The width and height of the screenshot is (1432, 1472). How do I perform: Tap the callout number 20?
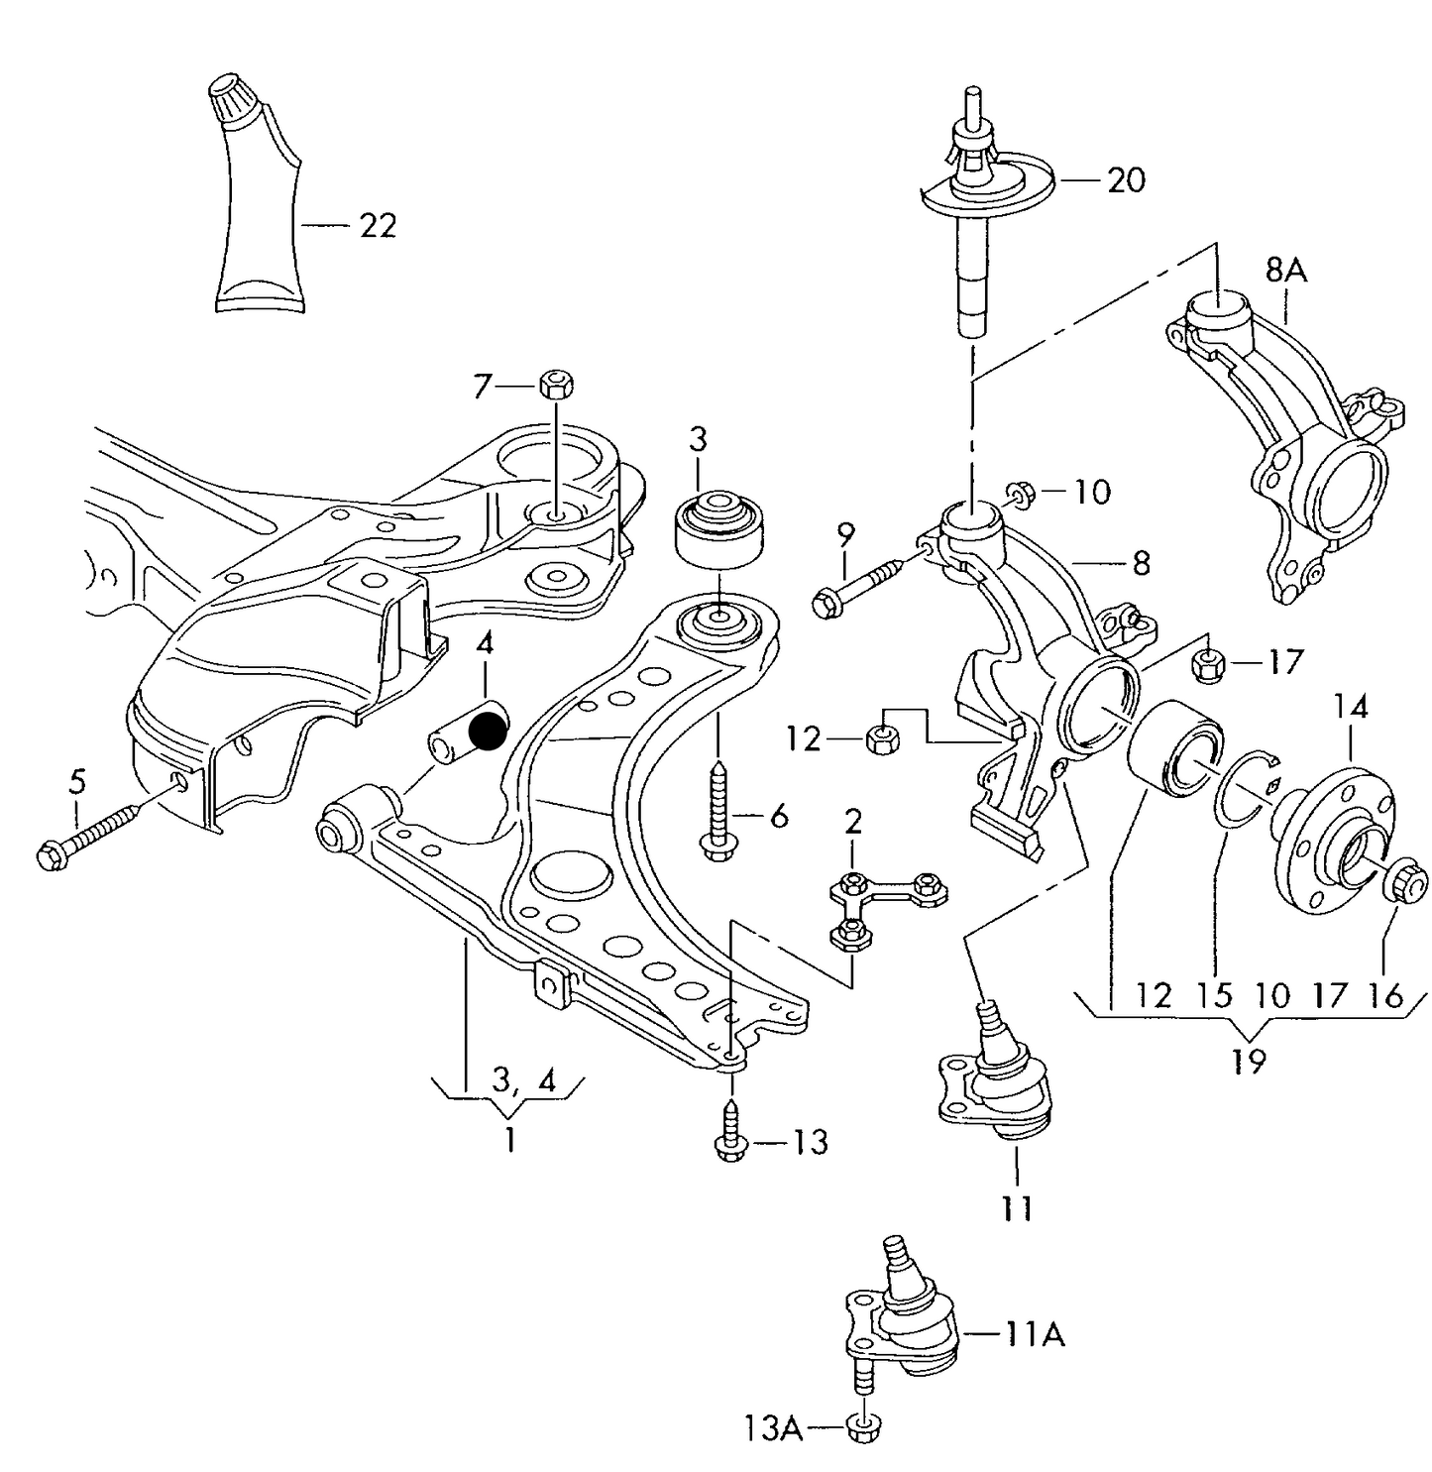[1126, 180]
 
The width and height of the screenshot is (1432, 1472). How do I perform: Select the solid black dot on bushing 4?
[487, 732]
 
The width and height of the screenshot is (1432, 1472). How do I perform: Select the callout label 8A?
[1285, 270]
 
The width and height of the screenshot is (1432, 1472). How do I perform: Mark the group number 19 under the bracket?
[1249, 1062]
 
